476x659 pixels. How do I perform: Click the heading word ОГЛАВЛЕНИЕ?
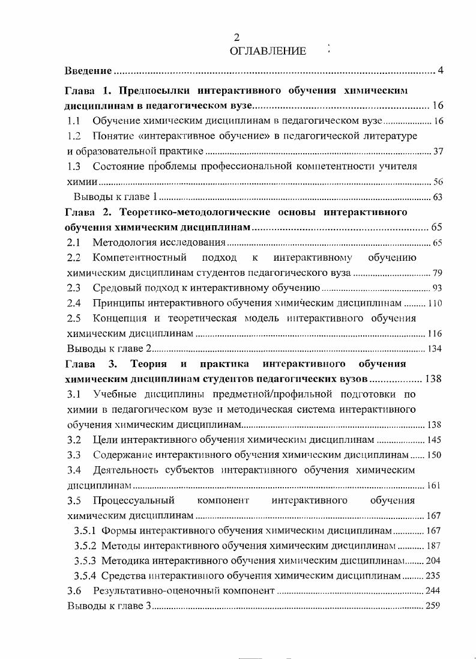268,51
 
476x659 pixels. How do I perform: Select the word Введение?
88,71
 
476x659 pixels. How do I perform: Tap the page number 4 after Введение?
440,71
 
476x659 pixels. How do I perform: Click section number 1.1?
74,121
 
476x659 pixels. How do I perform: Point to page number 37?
438,151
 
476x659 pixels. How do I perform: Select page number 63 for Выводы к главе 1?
438,197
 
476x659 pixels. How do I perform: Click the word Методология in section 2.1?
129,243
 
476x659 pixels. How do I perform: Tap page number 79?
438,273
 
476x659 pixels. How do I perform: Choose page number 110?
435,304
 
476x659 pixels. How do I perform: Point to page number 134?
435,349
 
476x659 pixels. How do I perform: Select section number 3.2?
74,440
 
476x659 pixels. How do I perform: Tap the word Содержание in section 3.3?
124,455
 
